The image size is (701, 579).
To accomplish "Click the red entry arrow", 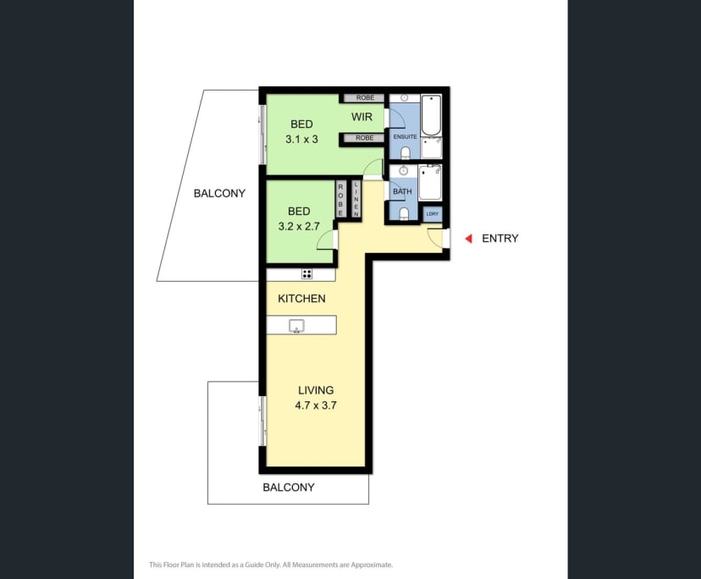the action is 468,239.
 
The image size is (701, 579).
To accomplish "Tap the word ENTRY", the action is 500,239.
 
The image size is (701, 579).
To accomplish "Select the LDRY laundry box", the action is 433,214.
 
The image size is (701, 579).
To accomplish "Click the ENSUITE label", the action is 405,137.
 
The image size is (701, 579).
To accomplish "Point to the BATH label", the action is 402,191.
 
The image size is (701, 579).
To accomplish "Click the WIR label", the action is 362,117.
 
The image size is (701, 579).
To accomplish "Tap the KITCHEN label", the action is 301,299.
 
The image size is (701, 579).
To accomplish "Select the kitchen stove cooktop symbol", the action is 306,274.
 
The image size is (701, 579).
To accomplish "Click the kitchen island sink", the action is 296,326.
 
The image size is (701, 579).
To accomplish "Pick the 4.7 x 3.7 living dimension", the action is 316,405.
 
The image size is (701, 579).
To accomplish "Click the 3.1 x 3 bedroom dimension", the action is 301,139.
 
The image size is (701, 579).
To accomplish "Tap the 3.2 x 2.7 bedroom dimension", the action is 299,226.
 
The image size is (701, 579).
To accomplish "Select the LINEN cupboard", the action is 356,200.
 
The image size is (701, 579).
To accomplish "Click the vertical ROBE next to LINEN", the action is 340,200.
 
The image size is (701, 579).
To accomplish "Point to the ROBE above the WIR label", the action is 365,98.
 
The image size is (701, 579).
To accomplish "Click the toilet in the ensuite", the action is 406,153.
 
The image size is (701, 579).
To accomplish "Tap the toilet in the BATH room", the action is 404,213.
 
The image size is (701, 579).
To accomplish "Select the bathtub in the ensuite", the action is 431,115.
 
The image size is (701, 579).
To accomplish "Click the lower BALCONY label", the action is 289,488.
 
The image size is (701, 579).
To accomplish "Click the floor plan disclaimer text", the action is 271,565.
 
